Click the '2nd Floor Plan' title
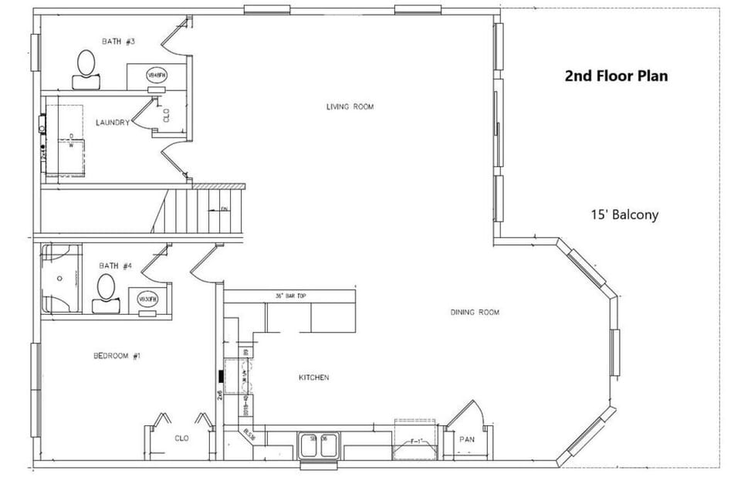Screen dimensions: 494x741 pyautogui.click(x=616, y=76)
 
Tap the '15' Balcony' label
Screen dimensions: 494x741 pyautogui.click(x=624, y=215)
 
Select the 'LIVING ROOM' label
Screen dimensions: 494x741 pyautogui.click(x=350, y=107)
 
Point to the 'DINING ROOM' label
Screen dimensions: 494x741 pyautogui.click(x=475, y=313)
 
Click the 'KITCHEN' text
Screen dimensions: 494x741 pyautogui.click(x=314, y=377)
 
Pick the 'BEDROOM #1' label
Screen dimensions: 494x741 pyautogui.click(x=117, y=356)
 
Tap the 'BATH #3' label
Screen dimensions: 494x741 pyautogui.click(x=119, y=41)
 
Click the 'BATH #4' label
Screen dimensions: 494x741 pyautogui.click(x=116, y=266)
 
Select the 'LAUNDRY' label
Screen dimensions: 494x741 pyautogui.click(x=112, y=123)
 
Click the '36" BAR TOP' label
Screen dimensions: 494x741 pyautogui.click(x=290, y=296)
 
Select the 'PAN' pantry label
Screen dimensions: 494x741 pyautogui.click(x=467, y=439)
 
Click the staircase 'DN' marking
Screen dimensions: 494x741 pyautogui.click(x=224, y=209)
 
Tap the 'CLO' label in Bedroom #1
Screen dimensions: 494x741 pyautogui.click(x=182, y=438)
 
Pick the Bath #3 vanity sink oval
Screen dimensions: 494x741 pyautogui.click(x=157, y=75)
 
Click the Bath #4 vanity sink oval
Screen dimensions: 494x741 pyautogui.click(x=147, y=299)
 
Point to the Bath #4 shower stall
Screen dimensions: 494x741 pyautogui.click(x=61, y=278)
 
